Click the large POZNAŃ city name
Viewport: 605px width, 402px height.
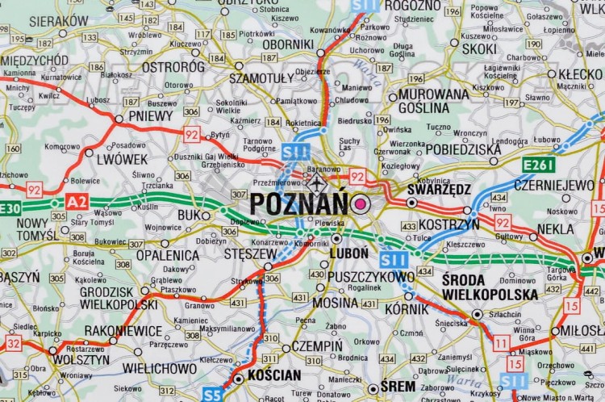[x=298, y=203]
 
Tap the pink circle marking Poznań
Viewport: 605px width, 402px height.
[x=359, y=203]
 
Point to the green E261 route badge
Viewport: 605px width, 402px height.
[x=538, y=165]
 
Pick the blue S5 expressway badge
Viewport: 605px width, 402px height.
[x=212, y=394]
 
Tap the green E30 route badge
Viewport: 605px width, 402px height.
[x=10, y=209]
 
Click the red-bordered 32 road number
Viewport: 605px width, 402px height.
[x=13, y=343]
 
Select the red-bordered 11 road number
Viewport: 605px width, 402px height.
[x=501, y=343]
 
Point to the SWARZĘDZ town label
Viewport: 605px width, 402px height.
[x=439, y=190]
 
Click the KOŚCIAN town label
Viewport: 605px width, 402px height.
[x=274, y=375]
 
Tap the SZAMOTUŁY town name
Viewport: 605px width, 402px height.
[x=261, y=78]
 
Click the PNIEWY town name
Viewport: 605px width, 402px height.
[x=151, y=115]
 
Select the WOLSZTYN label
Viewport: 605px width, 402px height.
[x=81, y=359]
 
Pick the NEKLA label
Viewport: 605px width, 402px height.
[x=555, y=228]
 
